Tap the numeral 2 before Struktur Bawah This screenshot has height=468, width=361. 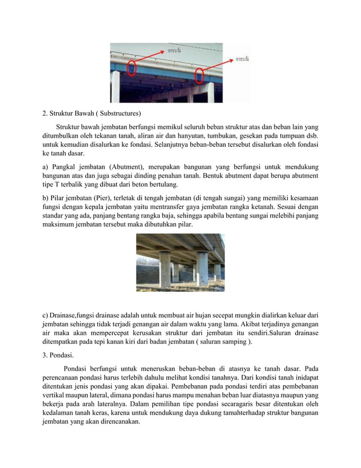click(45, 112)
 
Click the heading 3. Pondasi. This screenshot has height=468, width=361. click(59, 356)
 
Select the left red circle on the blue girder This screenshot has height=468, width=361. click(131, 69)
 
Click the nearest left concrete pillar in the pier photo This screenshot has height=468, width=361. click(165, 270)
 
